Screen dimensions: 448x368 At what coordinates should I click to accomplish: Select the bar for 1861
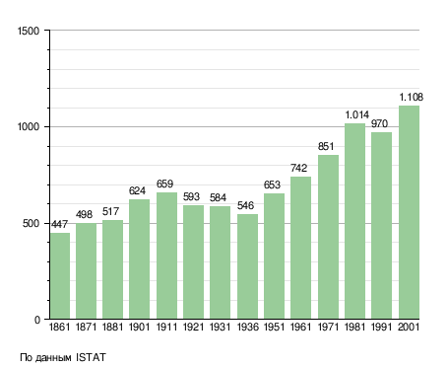point(60,276)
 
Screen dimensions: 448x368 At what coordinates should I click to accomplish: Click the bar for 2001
point(409,212)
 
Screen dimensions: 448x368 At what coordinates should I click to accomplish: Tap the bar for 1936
point(247,266)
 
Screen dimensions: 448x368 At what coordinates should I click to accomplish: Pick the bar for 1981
point(354,221)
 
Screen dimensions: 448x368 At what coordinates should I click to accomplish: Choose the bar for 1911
point(166,256)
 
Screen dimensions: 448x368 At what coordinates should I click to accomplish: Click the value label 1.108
point(411,98)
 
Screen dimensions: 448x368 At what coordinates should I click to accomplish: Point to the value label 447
point(59,224)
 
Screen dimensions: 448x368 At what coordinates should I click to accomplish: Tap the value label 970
point(379,123)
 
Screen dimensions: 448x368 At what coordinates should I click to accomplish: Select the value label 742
point(298,168)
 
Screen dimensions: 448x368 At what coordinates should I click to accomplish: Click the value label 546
point(245,205)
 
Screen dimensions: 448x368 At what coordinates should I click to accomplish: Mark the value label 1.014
point(356,114)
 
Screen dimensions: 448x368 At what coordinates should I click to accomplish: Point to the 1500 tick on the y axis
point(29,31)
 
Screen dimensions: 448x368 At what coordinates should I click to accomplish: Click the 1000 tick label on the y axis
point(29,127)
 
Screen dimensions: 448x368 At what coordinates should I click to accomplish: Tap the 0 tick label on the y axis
point(37,320)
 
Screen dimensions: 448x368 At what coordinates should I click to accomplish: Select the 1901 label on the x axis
point(139,327)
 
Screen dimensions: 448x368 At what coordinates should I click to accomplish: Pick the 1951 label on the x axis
point(274,327)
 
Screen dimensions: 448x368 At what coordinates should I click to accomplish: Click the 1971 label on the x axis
point(328,327)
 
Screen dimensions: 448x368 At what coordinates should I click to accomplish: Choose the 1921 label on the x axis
point(193,327)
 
